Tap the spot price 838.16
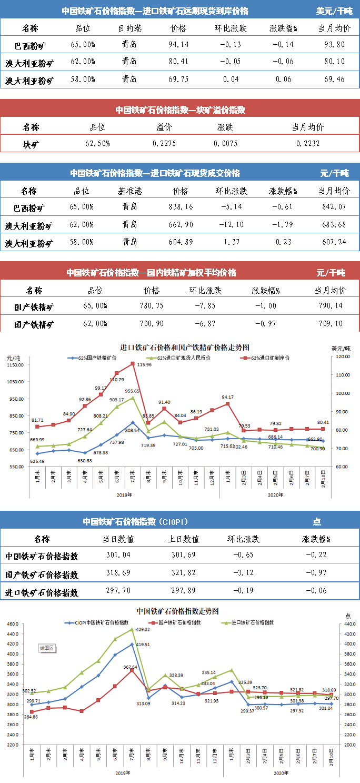(x=179, y=206)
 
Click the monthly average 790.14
(x=331, y=305)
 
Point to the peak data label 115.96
(x=144, y=364)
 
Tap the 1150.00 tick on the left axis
(x=16, y=364)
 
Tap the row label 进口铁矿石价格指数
(x=42, y=591)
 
